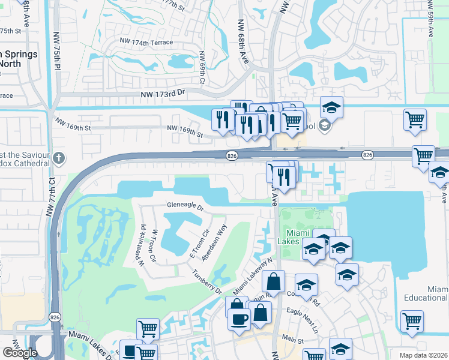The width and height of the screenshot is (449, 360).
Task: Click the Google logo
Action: point(20,353)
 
